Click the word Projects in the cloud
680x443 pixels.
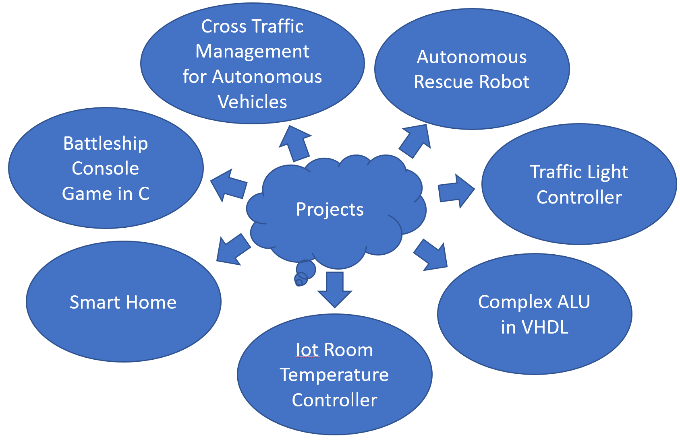[x=330, y=210]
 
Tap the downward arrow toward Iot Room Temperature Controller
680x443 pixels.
[x=335, y=289]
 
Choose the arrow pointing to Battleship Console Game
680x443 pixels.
[x=228, y=185]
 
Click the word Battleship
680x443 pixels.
[x=106, y=144]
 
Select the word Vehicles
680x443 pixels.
[x=253, y=102]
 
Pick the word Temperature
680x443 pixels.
[x=334, y=375]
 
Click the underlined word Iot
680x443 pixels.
[x=307, y=350]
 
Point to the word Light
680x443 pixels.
[x=607, y=172]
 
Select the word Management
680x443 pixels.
[x=253, y=52]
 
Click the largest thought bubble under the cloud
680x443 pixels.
[x=306, y=269]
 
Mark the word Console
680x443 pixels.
[x=106, y=169]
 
